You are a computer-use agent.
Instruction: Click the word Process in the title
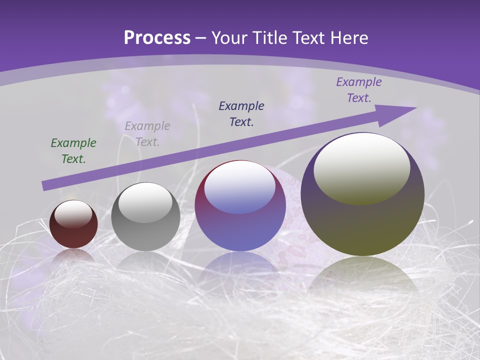coord(157,38)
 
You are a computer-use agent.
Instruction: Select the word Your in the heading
coord(228,38)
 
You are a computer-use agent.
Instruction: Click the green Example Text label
coord(73,151)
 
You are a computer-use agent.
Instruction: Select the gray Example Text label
coord(147,134)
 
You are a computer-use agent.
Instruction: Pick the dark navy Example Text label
coord(241,113)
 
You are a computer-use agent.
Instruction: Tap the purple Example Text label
coord(359,90)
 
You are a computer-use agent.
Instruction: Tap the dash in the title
coord(201,38)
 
